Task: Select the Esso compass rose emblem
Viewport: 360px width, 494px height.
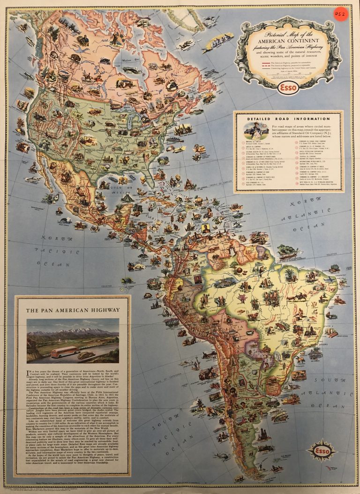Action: pos(321,450)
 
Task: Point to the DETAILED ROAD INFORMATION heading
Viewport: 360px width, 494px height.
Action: pos(288,119)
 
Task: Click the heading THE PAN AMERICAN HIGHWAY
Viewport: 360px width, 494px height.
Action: pos(73,310)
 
